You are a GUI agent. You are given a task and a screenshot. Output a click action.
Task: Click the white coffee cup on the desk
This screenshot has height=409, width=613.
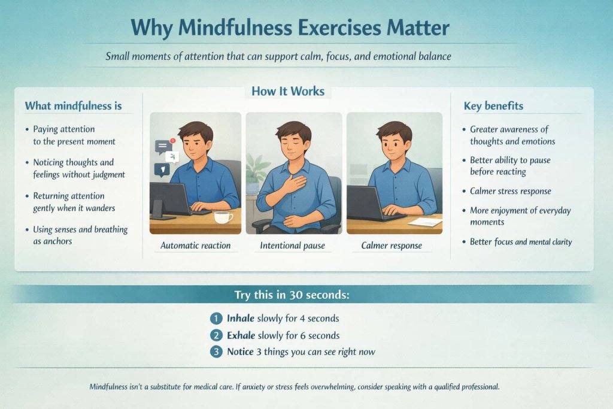pyautogui.click(x=223, y=217)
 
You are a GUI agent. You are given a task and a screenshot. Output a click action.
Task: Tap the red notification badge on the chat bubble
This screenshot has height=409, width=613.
pyautogui.click(x=172, y=141)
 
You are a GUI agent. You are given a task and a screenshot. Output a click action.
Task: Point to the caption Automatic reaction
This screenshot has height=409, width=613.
pyautogui.click(x=195, y=246)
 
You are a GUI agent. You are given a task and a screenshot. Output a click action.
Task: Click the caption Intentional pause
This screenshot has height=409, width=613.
pyautogui.click(x=293, y=246)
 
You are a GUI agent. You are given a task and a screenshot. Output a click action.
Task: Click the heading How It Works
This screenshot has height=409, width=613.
pyautogui.click(x=288, y=92)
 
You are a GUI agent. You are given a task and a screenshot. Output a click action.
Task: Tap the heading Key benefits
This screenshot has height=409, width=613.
pyautogui.click(x=493, y=106)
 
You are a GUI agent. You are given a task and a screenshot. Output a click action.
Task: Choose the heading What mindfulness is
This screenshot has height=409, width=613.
pyautogui.click(x=73, y=106)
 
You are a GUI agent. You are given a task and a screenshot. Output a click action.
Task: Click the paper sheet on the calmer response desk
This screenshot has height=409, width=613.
pyautogui.click(x=424, y=222)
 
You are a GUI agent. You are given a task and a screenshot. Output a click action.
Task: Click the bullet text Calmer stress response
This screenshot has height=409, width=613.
pyautogui.click(x=511, y=191)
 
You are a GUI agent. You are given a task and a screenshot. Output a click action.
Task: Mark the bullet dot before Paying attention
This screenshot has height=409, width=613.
pyautogui.click(x=27, y=129)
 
